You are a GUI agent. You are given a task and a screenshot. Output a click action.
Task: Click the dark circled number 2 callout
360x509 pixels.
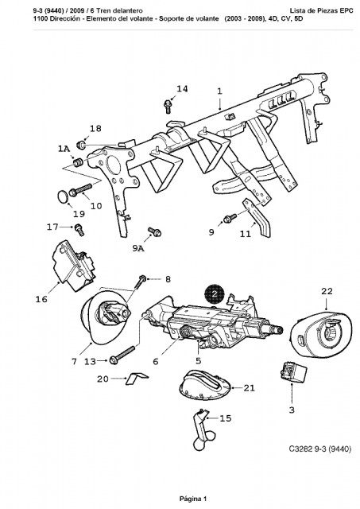[215, 294]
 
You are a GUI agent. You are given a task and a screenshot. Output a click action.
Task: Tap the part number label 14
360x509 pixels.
[182, 88]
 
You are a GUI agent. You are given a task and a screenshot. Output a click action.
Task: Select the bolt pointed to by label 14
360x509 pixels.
[168, 107]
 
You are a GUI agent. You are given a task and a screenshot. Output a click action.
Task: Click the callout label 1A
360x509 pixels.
[64, 149]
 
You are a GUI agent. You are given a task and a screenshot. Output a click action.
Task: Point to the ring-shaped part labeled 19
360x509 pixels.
[63, 196]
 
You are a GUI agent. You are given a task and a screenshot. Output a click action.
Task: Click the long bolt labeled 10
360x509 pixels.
[80, 190]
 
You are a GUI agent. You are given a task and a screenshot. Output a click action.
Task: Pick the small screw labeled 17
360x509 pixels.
[79, 230]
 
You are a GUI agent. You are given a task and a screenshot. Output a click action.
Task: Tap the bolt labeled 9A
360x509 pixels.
[155, 231]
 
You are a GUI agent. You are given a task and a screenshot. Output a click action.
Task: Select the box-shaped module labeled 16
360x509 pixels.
[73, 266]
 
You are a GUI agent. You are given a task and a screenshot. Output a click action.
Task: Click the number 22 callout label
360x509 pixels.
[327, 291]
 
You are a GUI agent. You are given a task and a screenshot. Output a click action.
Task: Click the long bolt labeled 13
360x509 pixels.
[122, 355]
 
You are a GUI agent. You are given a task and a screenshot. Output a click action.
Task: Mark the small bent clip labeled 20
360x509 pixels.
[137, 379]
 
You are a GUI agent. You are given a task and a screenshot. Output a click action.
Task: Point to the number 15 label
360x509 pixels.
[226, 418]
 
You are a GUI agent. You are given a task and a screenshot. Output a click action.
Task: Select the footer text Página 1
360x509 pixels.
[193, 499]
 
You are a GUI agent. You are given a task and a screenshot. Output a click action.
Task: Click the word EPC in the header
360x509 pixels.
[346, 10]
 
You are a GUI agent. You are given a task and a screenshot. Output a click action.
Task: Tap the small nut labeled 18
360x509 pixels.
[81, 144]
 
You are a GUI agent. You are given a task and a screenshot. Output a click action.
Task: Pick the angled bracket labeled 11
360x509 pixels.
[257, 217]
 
